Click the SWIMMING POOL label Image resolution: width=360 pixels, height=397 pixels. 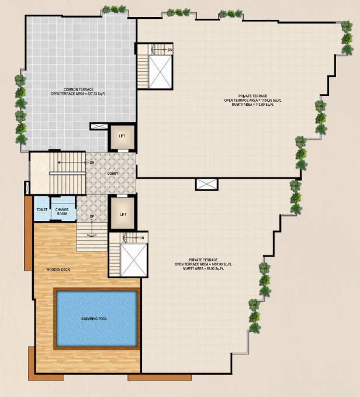[x=98, y=319]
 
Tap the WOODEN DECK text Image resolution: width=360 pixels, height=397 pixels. [x=58, y=270]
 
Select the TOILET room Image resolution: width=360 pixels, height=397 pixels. [x=41, y=209]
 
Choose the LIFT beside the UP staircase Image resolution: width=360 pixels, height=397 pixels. [x=123, y=214]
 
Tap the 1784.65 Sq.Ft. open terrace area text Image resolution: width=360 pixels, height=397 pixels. [x=252, y=100]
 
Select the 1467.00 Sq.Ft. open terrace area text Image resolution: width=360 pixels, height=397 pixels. [x=203, y=264]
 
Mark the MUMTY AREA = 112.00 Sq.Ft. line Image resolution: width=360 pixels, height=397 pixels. [x=252, y=105]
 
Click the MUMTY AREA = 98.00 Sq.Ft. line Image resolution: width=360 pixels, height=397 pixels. [x=203, y=269]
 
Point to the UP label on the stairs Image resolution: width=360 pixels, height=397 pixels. [x=91, y=217]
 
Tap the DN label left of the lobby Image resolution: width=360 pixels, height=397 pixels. [x=91, y=162]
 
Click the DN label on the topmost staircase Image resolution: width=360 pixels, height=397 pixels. [x=169, y=50]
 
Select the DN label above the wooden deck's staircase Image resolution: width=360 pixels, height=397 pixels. [x=142, y=237]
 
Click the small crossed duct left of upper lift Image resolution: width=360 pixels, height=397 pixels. [x=98, y=126]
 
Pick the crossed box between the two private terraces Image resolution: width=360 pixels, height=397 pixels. [x=206, y=184]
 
